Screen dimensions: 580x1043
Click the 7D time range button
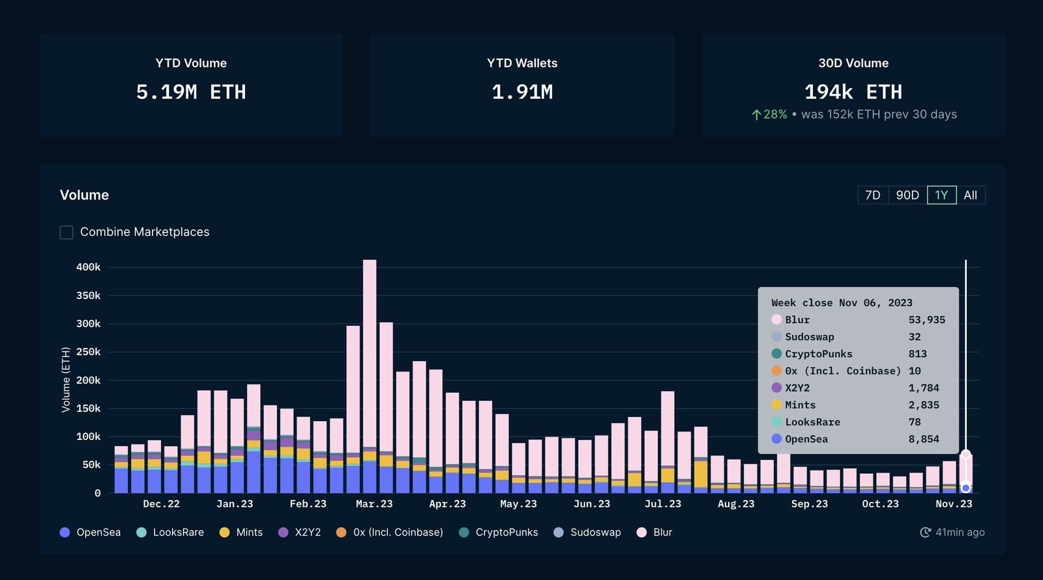tap(873, 195)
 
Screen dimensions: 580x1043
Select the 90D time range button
tap(907, 195)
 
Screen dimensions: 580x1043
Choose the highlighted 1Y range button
tap(941, 195)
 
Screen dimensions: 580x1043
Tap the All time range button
tap(970, 195)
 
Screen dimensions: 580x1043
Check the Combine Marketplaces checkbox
tap(66, 232)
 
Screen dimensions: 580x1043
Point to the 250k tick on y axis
tap(88, 352)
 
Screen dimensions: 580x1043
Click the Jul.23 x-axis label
tap(662, 504)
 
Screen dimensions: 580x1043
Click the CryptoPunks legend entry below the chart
tap(499, 532)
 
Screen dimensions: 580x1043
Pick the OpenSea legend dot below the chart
tap(65, 532)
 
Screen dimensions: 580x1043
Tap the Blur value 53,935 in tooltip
tap(926, 320)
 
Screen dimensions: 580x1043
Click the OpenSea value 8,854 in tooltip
tap(924, 439)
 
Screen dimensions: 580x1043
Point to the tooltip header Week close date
tap(842, 302)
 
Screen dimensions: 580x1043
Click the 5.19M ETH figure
tap(191, 92)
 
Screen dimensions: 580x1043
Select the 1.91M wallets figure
tap(522, 92)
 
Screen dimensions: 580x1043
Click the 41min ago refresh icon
tap(925, 532)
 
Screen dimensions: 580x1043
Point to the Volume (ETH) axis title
tap(66, 380)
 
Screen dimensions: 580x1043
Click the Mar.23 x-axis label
tap(374, 504)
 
